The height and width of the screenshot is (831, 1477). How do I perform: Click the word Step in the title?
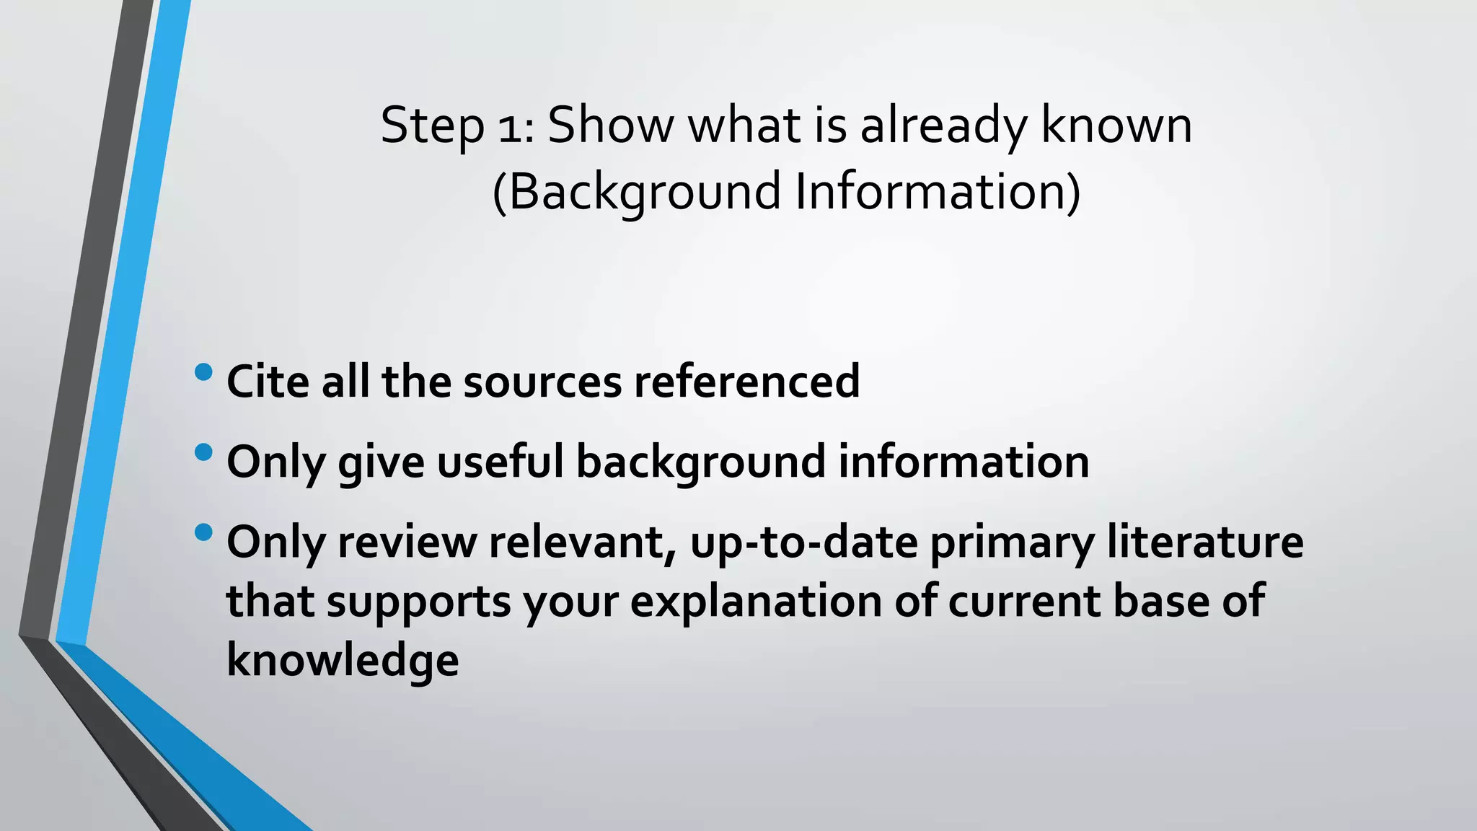432,126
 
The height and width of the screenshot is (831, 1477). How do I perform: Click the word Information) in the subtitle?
938,192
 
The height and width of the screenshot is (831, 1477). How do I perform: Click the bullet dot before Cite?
203,372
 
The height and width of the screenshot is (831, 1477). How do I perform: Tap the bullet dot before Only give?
203,453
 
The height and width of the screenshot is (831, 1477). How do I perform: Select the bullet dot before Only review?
203,533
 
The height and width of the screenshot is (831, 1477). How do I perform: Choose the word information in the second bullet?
964,462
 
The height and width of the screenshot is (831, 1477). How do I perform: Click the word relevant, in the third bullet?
583,542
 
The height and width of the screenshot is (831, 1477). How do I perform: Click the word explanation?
756,601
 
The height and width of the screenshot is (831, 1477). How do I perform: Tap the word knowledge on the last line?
343,660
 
